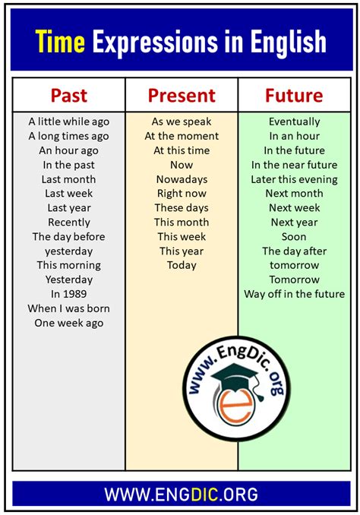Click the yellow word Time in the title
(x=60, y=41)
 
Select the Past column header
(x=68, y=96)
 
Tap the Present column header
(x=182, y=96)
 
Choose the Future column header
(x=294, y=96)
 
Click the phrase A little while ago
(x=68, y=122)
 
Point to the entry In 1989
(x=68, y=294)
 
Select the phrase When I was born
(x=68, y=308)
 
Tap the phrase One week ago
(x=68, y=323)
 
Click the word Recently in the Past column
(x=68, y=223)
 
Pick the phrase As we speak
(x=182, y=122)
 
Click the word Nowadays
(x=182, y=179)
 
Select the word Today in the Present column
(x=182, y=265)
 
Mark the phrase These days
(x=182, y=208)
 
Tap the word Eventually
(x=295, y=122)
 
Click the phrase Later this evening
(x=295, y=179)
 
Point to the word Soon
(x=294, y=236)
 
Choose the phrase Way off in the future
(x=295, y=294)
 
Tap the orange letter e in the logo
(x=236, y=406)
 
